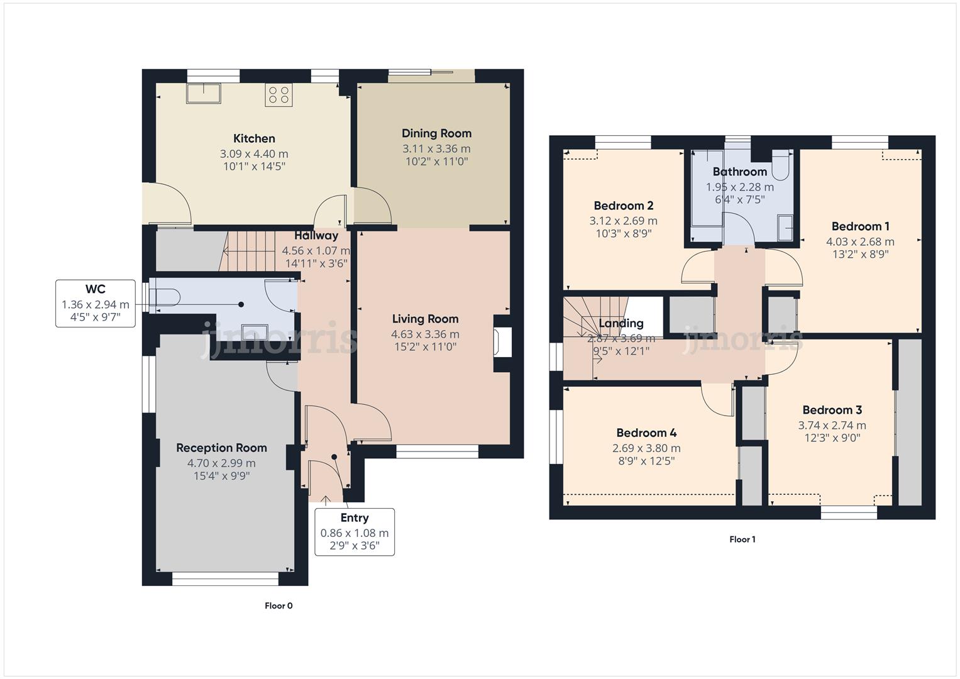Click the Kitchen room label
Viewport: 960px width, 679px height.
pyautogui.click(x=254, y=139)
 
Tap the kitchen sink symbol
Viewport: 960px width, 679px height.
pyautogui.click(x=203, y=93)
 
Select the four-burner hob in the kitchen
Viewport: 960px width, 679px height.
pyautogui.click(x=279, y=95)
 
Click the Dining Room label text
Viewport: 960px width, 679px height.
pyautogui.click(x=436, y=133)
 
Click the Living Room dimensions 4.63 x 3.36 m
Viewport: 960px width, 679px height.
pyautogui.click(x=425, y=334)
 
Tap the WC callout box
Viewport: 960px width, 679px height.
pyautogui.click(x=96, y=304)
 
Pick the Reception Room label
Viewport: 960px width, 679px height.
pyautogui.click(x=221, y=448)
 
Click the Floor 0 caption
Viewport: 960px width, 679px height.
pyautogui.click(x=279, y=606)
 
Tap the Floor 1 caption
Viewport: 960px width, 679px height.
pyautogui.click(x=742, y=539)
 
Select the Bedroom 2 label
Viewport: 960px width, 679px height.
pyautogui.click(x=623, y=206)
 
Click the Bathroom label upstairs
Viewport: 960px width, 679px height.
pyautogui.click(x=739, y=172)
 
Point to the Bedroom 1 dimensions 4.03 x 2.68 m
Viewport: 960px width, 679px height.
pyautogui.click(x=860, y=241)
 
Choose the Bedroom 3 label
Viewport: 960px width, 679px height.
pyautogui.click(x=832, y=410)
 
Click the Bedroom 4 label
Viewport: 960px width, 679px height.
pyautogui.click(x=646, y=433)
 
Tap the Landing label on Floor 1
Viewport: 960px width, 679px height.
pyautogui.click(x=621, y=323)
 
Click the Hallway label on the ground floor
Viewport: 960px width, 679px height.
pyautogui.click(x=316, y=236)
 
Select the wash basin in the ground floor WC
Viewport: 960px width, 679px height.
pyautogui.click(x=255, y=331)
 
